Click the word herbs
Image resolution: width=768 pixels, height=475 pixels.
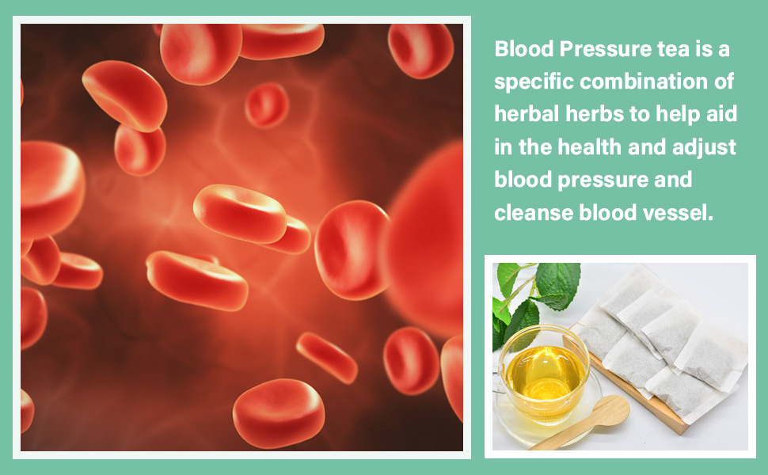click(595, 114)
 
